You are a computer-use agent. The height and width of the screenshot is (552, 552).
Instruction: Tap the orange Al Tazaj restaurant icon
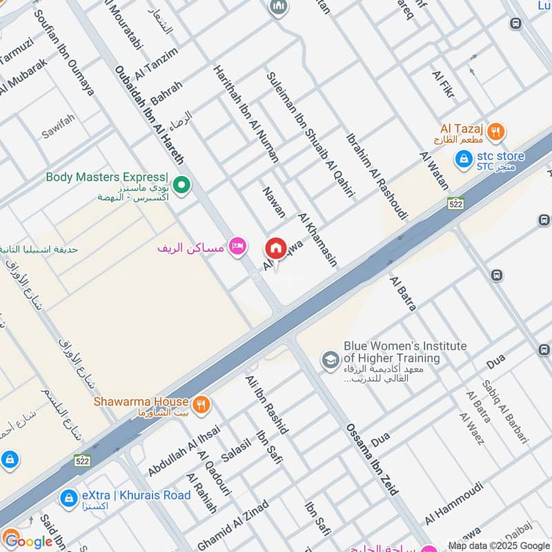pyautogui.click(x=495, y=131)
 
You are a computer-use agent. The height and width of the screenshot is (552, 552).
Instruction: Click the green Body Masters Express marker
pyautogui.click(x=181, y=184)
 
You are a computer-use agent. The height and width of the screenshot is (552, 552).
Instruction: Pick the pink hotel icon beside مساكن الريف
pyautogui.click(x=238, y=246)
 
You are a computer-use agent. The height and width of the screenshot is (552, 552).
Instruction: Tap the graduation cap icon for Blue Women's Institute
pyautogui.click(x=330, y=359)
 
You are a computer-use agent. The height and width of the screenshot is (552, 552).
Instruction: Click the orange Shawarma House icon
pyautogui.click(x=201, y=404)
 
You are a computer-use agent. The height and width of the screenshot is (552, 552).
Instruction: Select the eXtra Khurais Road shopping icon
pyautogui.click(x=68, y=497)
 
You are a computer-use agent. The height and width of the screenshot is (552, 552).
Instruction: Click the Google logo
pyautogui.click(x=28, y=540)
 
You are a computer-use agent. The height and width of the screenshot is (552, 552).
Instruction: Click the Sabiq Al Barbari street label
pyautogui.click(x=505, y=411)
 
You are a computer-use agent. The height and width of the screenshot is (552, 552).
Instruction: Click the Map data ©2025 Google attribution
pyautogui.click(x=498, y=545)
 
